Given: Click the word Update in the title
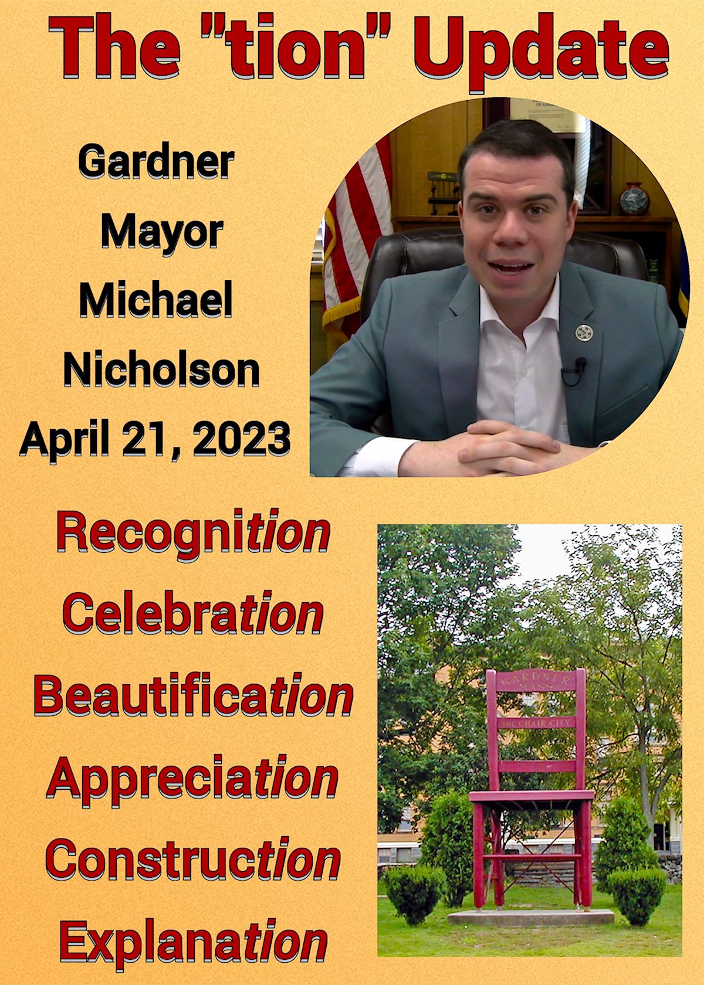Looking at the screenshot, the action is click(x=541, y=53).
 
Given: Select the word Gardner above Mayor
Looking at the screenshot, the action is click(x=156, y=163).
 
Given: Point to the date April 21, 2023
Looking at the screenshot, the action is click(x=155, y=439).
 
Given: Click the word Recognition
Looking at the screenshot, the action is click(x=194, y=535).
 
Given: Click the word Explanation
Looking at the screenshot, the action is click(x=194, y=930).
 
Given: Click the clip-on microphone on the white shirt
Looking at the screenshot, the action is click(x=580, y=364).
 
